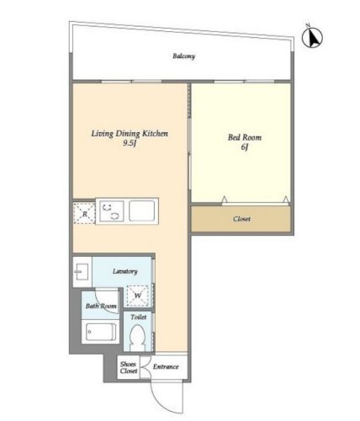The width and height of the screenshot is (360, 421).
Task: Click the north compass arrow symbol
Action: [x=312, y=38]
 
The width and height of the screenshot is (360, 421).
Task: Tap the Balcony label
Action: [x=183, y=56]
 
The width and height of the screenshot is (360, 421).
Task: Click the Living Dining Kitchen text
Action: [x=130, y=133]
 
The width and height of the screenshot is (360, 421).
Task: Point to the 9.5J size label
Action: [x=130, y=143]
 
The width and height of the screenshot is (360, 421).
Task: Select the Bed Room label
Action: [x=245, y=137]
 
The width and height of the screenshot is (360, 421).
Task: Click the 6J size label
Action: [x=245, y=147]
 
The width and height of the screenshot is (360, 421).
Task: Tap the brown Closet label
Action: [x=241, y=219]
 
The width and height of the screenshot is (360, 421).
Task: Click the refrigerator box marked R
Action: [x=84, y=213]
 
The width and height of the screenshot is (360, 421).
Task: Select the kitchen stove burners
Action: [x=110, y=211]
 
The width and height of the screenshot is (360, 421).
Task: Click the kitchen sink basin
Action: [x=142, y=210]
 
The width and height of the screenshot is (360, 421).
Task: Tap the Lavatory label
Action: [x=125, y=271]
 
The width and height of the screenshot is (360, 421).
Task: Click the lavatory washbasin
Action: [x=82, y=272]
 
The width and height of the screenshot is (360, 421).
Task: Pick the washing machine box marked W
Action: [x=137, y=296]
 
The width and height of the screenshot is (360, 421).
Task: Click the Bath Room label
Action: [x=101, y=306]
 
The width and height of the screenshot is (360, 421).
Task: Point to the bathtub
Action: [x=101, y=332]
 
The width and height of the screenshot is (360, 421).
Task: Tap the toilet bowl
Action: [x=138, y=338]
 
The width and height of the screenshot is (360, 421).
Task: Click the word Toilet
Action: [x=139, y=317]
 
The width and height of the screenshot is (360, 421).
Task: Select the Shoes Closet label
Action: [x=129, y=367]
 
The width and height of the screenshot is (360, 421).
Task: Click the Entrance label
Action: [x=166, y=366]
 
